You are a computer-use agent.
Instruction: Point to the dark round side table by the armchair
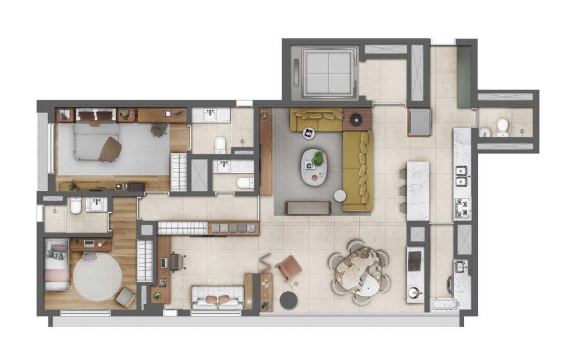coord(289,300)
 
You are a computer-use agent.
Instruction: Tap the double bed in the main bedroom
coord(96,141)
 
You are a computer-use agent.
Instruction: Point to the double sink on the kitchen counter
coord(461,172)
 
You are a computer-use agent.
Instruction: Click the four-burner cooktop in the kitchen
coord(461,208)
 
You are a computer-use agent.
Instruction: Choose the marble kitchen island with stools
coord(418,191)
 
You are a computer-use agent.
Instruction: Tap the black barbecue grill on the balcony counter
coord(415,260)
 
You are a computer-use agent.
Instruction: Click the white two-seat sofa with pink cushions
coord(218,298)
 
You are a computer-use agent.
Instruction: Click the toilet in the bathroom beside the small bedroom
coord(75,207)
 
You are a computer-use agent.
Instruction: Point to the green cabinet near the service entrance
coord(464,78)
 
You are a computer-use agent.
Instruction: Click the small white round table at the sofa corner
coord(339,195)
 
